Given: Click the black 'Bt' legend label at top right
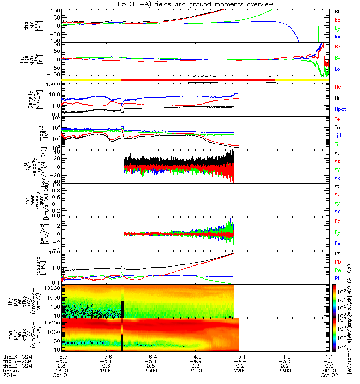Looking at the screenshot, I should (337, 11).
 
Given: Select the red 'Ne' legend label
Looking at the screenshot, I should (337, 87).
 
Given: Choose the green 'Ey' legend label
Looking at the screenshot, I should (337, 233).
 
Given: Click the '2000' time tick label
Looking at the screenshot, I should (151, 372).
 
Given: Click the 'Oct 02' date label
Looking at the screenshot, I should (328, 376).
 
